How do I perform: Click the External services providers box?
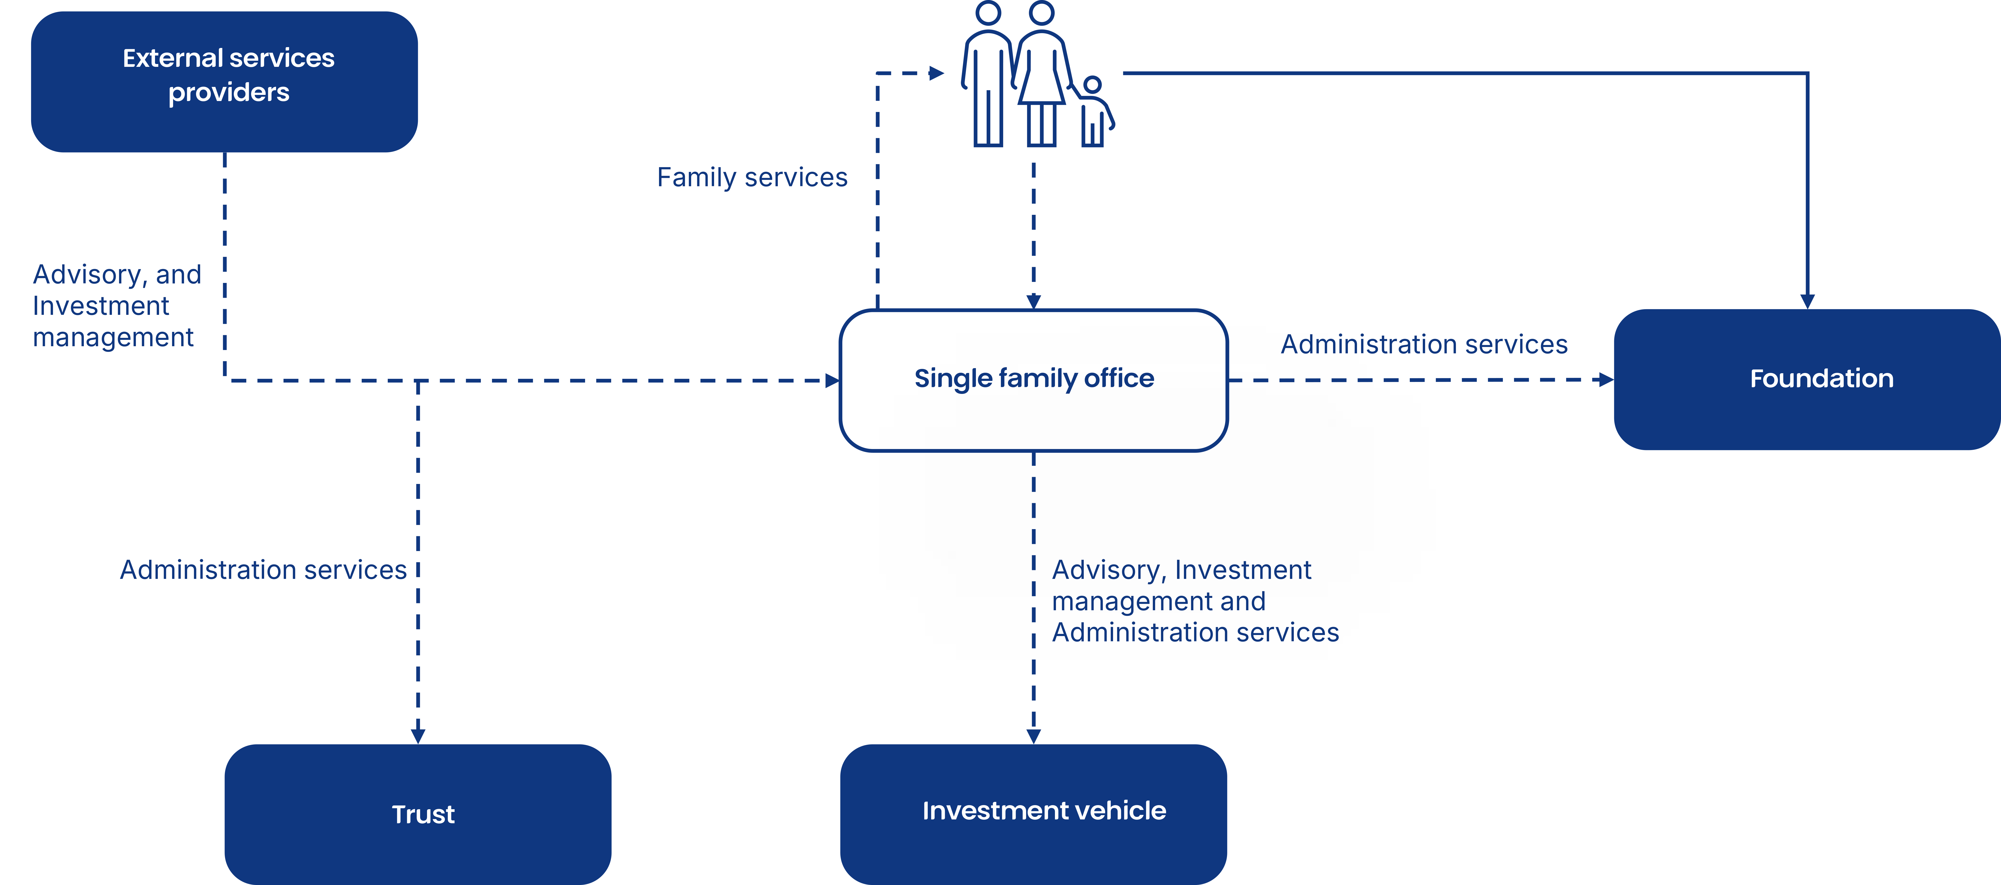[225, 82]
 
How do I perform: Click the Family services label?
[752, 178]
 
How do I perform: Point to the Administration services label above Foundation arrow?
[1424, 344]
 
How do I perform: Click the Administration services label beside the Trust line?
[263, 570]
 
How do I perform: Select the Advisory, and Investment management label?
[117, 306]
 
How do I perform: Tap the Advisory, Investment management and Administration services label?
[1195, 601]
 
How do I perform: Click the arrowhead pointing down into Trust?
[418, 736]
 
